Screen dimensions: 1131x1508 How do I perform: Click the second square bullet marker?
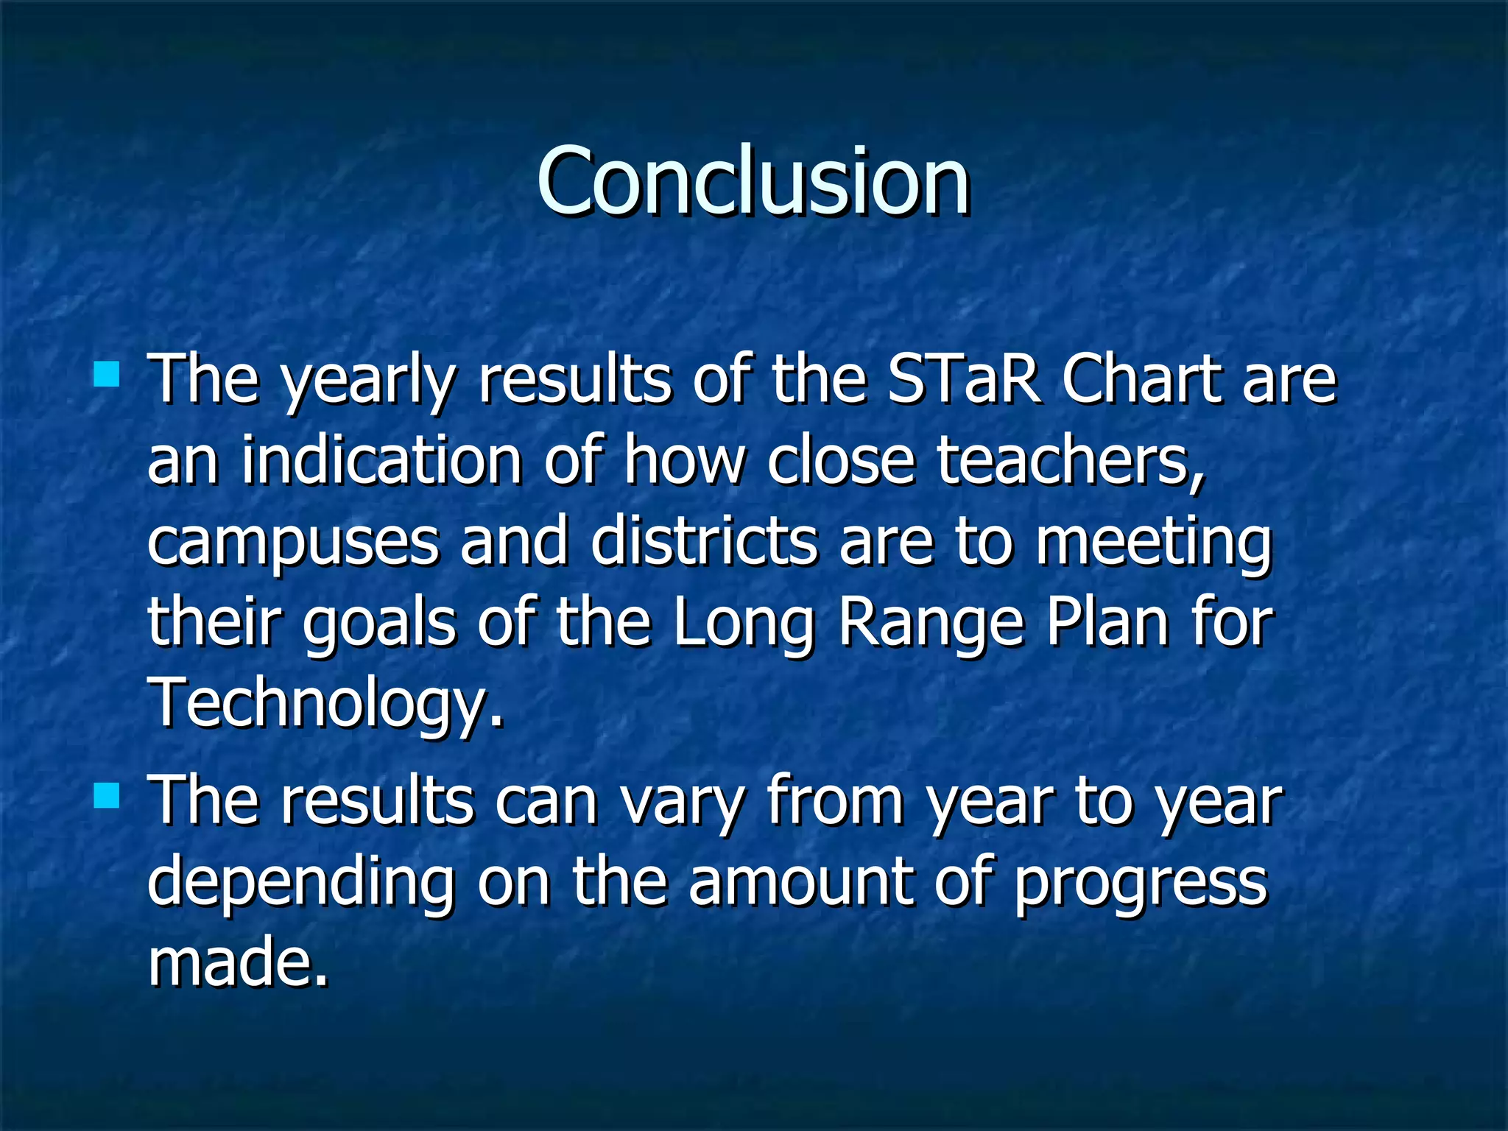click(x=107, y=796)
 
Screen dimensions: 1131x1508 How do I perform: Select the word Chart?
click(x=1141, y=380)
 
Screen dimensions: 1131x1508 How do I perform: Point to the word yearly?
click(x=370, y=383)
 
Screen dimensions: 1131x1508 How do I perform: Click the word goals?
click(x=379, y=624)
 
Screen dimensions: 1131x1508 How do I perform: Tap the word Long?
click(x=743, y=624)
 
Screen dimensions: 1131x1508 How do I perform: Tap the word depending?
click(x=300, y=884)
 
